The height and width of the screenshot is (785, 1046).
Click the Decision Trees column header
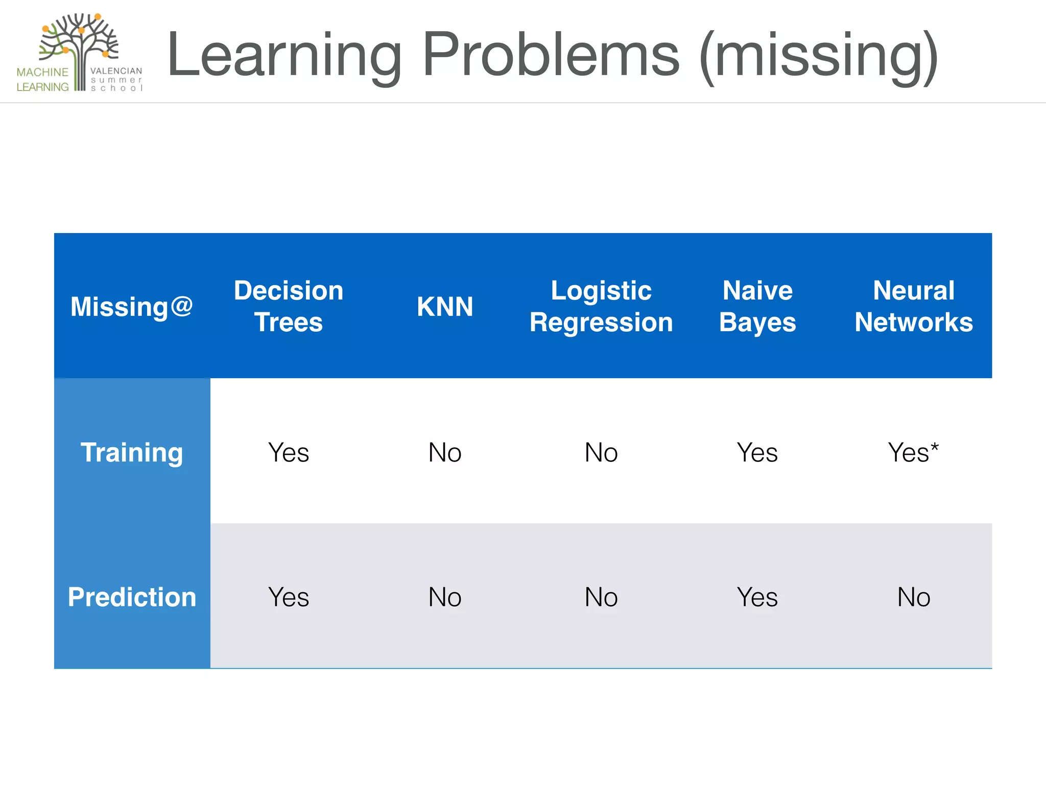pyautogui.click(x=289, y=306)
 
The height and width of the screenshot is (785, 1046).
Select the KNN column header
pyautogui.click(x=445, y=307)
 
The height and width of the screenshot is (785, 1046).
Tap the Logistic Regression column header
pyautogui.click(x=601, y=306)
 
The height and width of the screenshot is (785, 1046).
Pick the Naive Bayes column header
pyautogui.click(x=757, y=306)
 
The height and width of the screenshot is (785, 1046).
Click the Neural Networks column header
pyautogui.click(x=914, y=306)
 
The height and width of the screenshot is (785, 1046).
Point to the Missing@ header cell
pyautogui.click(x=132, y=307)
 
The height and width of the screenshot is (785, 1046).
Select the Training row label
pyautogui.click(x=132, y=452)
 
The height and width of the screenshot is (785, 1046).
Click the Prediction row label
pyautogui.click(x=132, y=597)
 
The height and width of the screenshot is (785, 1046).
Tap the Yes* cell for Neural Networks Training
pyautogui.click(x=913, y=452)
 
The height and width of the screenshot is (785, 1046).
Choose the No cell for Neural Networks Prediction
pyautogui.click(x=914, y=597)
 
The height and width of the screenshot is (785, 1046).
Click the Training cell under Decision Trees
pyautogui.click(x=289, y=452)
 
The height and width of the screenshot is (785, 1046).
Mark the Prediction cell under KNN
pyautogui.click(x=445, y=597)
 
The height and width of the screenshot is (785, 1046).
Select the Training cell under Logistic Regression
pyautogui.click(x=601, y=452)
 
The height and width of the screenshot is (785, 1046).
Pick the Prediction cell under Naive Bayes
pyautogui.click(x=757, y=597)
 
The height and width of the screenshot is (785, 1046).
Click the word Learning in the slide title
pyautogui.click(x=284, y=55)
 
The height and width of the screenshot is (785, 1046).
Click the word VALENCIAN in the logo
pyautogui.click(x=116, y=71)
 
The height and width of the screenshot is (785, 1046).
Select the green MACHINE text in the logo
pyautogui.click(x=42, y=72)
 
